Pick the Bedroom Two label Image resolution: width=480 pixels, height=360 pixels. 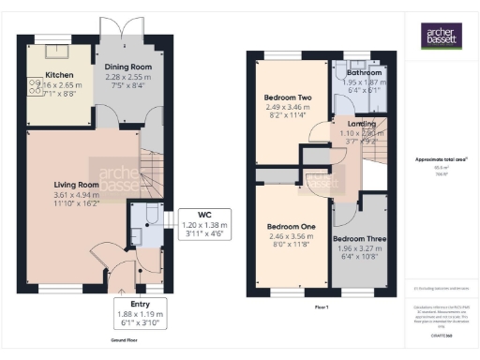[x=287, y=97]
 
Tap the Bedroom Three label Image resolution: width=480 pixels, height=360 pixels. [x=357, y=238]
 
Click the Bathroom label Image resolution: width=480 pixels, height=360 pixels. [x=364, y=72]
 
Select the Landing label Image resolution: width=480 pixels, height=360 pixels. [x=361, y=123]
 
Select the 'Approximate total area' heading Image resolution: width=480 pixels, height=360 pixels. [x=440, y=159]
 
